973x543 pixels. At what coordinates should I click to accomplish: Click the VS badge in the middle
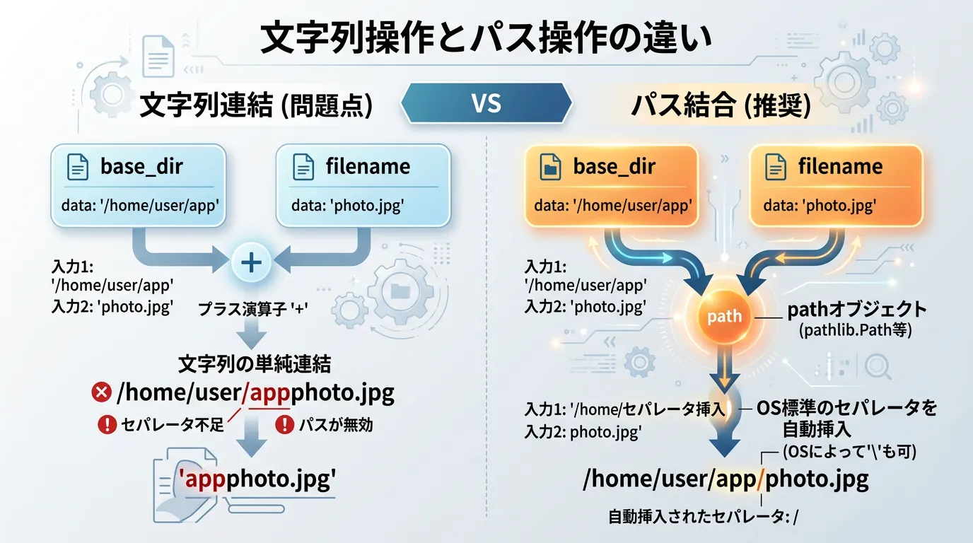pyautogui.click(x=486, y=103)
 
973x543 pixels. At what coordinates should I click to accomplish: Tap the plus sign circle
pyautogui.click(x=251, y=262)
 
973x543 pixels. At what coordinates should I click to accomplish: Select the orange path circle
pyautogui.click(x=724, y=316)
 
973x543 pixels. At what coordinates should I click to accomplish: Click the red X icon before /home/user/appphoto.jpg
pyautogui.click(x=102, y=392)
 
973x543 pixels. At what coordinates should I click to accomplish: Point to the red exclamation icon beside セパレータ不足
pyautogui.click(x=107, y=424)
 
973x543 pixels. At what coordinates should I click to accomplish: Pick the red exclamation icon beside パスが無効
pyautogui.click(x=285, y=424)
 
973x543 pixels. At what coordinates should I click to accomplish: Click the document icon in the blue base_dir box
pyautogui.click(x=78, y=167)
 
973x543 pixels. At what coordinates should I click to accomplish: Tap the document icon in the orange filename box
pyautogui.click(x=775, y=167)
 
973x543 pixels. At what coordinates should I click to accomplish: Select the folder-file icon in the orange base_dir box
pyautogui.click(x=550, y=167)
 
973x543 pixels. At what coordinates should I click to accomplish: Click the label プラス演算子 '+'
pyautogui.click(x=253, y=309)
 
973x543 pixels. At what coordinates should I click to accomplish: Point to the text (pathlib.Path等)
pyautogui.click(x=856, y=330)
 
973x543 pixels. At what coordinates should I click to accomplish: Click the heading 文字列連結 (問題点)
pyautogui.click(x=256, y=105)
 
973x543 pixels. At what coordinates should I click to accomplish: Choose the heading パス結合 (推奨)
pyautogui.click(x=721, y=105)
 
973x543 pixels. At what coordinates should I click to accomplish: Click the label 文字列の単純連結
pyautogui.click(x=255, y=364)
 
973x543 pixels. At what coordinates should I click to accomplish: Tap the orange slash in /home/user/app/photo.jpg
pyautogui.click(x=760, y=479)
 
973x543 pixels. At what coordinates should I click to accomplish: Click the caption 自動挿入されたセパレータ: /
pyautogui.click(x=704, y=517)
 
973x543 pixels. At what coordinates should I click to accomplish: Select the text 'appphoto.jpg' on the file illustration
pyautogui.click(x=257, y=479)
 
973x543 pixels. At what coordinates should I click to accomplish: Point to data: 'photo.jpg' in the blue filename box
pyautogui.click(x=347, y=205)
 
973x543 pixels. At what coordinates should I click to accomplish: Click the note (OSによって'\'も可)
pyautogui.click(x=850, y=452)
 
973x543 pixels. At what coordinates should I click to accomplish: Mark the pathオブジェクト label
pyautogui.click(x=857, y=310)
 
